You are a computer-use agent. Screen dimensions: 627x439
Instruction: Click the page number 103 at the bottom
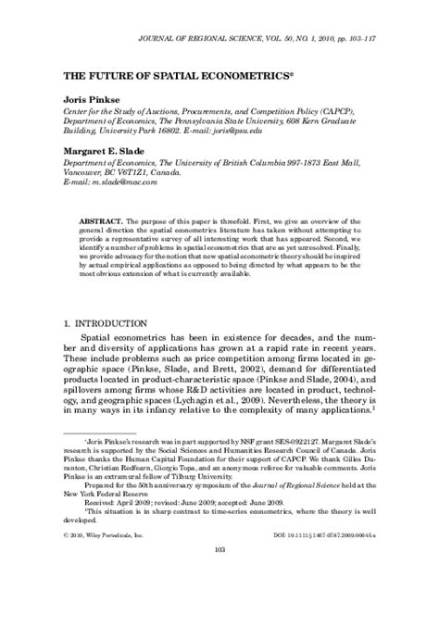pyautogui.click(x=219, y=601)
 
